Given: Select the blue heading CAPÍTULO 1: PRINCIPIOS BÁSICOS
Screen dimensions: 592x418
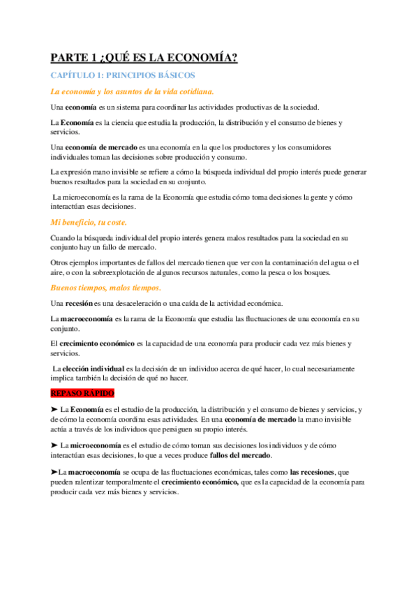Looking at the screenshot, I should pyautogui.click(x=123, y=75).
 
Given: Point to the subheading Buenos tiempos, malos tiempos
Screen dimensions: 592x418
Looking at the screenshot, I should pyautogui.click(x=106, y=288).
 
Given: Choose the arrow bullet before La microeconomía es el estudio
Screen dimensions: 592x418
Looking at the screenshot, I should pyautogui.click(x=54, y=445).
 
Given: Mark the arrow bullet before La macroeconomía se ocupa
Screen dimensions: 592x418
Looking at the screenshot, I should pyautogui.click(x=54, y=472).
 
